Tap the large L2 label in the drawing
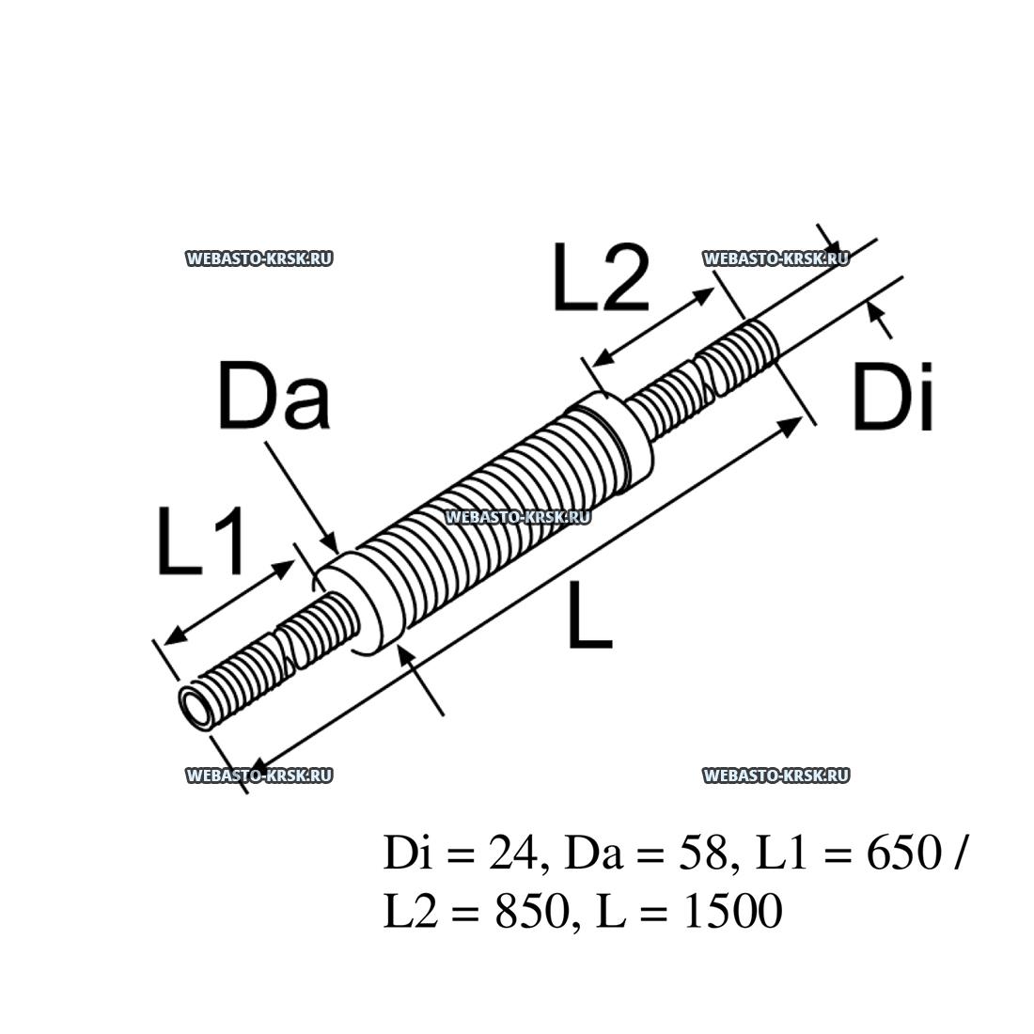coord(600,277)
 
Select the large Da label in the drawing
coord(274,397)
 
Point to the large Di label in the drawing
coord(893,399)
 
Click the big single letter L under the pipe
coord(589,615)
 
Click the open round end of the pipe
coord(198,706)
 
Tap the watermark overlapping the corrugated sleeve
coord(517,516)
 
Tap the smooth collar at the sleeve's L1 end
coord(362,602)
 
